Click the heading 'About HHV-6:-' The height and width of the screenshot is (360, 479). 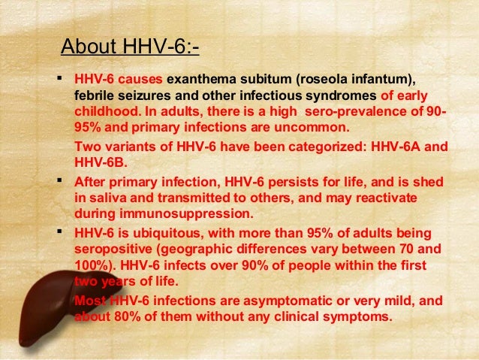click(x=129, y=48)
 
